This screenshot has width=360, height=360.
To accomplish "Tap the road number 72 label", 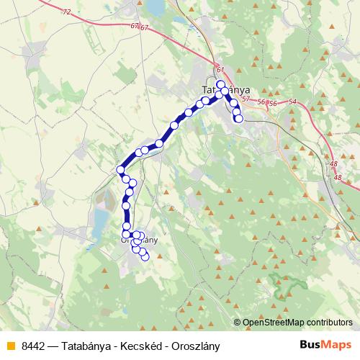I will coord(66,12).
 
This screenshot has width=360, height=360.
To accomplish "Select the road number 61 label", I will coord(220,70).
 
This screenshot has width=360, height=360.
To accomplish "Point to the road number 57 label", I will coord(246,99).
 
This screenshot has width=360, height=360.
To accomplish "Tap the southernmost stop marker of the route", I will coord(145,256).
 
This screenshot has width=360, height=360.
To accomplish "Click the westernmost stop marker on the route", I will coord(120,170).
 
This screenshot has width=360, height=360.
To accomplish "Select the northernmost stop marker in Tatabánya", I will coord(221,84).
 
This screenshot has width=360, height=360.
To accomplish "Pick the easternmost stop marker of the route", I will coord(239,119).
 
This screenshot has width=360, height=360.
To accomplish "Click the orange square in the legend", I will coord(10,345).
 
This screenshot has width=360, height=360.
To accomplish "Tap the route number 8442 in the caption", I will coord(34,345).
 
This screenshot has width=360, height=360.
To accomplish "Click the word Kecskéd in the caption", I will coord(136,345).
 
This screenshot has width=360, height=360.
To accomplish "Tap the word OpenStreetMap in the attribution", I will coord(273,323).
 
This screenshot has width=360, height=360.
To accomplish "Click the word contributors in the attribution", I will coord(328,323).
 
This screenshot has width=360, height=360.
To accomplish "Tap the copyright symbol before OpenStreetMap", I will coord(238,323).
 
